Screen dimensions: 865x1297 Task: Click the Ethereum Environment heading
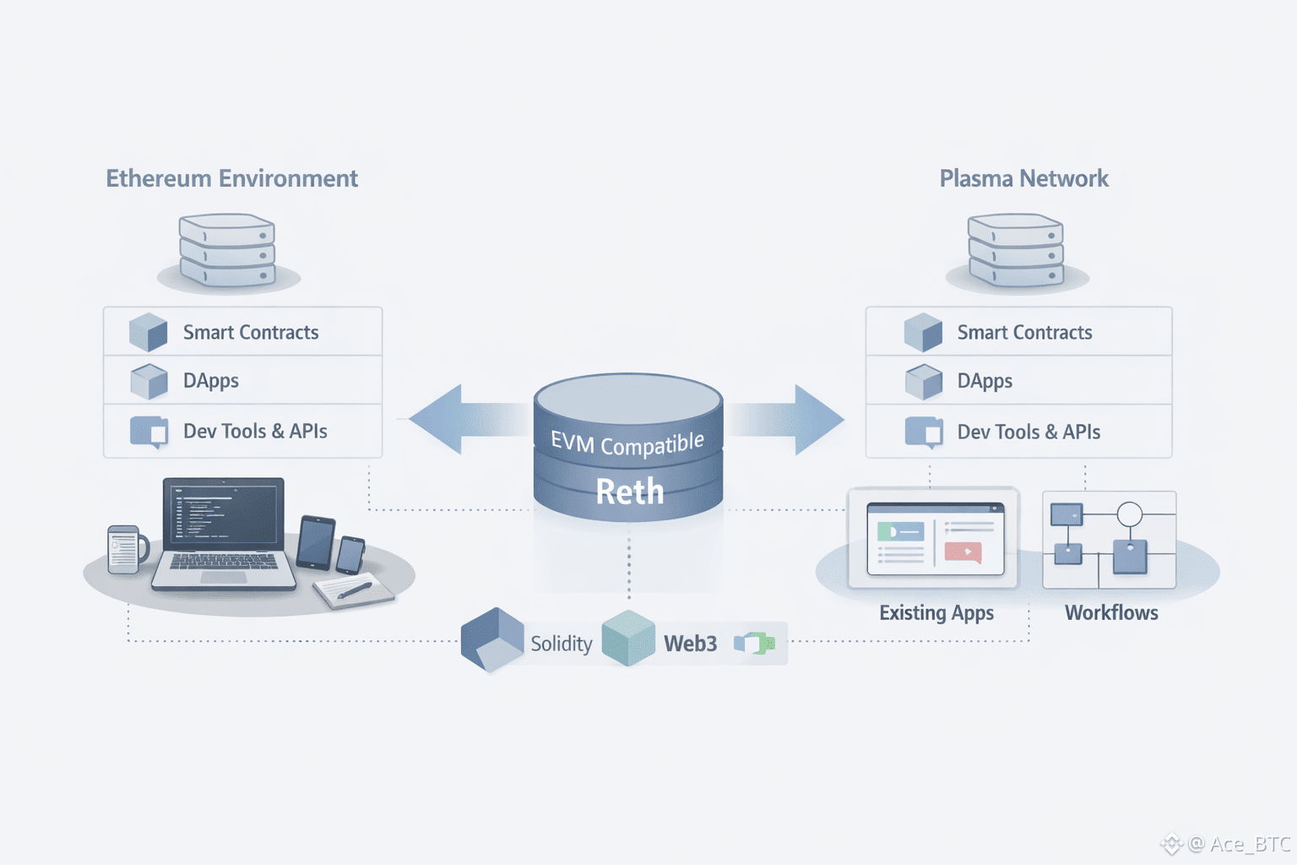point(231,178)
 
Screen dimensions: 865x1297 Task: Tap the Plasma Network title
point(1023,178)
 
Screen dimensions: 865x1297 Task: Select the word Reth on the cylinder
point(630,492)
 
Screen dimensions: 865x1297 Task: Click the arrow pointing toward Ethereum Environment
point(456,419)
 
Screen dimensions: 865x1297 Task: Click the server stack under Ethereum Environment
point(227,250)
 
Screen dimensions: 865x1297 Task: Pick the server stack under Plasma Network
point(1016,250)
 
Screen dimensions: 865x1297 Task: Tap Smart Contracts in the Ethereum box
point(251,333)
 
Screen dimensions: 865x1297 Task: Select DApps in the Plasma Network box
point(985,382)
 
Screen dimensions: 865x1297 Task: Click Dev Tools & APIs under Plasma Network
point(1028,432)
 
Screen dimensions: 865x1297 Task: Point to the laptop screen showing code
point(224,513)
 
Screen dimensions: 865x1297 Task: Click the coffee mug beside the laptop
point(125,550)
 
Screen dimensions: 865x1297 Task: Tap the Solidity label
point(561,644)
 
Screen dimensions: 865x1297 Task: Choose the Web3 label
point(690,644)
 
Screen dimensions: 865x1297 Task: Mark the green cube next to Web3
point(628,639)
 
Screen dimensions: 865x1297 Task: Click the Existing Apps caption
point(936,612)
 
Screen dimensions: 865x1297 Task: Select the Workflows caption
point(1111,612)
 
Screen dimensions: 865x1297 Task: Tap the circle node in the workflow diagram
point(1130,514)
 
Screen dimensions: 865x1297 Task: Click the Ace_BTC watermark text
point(1250,844)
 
